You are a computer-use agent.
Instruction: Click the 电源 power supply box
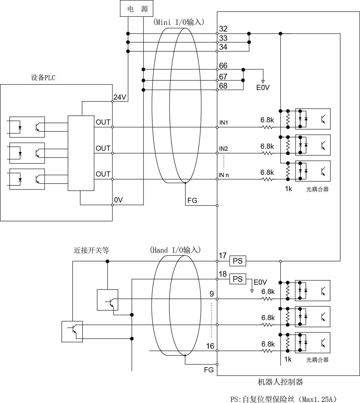[x=137, y=8]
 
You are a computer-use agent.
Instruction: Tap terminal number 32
[x=223, y=29]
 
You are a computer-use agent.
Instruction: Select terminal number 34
[x=223, y=47]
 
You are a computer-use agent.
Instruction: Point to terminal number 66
[x=223, y=66]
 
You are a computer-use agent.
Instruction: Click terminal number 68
[x=223, y=86]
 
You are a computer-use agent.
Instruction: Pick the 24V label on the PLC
[x=120, y=97]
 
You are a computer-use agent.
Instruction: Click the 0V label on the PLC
[x=118, y=200]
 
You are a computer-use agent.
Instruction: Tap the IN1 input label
[x=223, y=123]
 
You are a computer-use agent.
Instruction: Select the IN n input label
[x=224, y=175]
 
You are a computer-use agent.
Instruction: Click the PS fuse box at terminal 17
[x=238, y=261]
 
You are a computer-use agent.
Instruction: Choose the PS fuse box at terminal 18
[x=238, y=279]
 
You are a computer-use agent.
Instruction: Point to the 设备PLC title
[x=43, y=77]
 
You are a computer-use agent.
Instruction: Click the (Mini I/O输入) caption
[x=179, y=22]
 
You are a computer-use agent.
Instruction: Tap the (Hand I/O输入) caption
[x=175, y=250]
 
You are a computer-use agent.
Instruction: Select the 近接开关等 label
[x=91, y=250]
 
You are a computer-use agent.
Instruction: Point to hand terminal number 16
[x=210, y=346]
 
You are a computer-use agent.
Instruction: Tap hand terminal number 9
[x=212, y=294]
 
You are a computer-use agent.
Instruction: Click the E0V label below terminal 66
[x=263, y=87]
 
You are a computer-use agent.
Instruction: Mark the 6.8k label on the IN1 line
[x=267, y=120]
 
